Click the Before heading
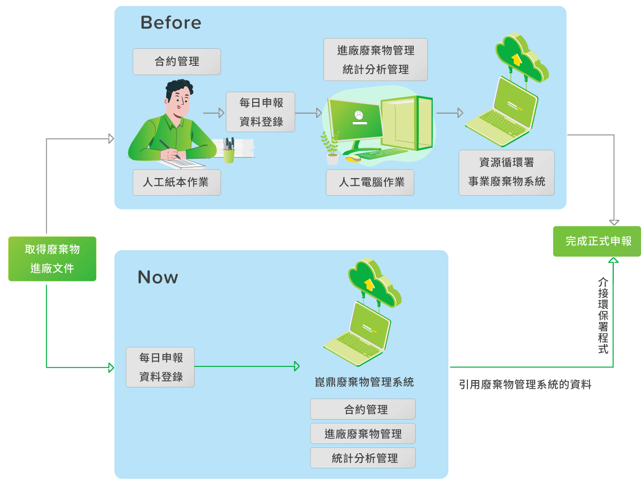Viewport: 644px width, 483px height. pos(171,22)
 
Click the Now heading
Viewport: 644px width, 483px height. pos(158,277)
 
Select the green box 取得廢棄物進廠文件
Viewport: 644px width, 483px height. pos(52,259)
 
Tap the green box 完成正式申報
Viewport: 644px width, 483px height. pos(597,241)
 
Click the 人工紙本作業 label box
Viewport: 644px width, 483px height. pos(177,182)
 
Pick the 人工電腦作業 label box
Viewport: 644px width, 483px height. pos(370,182)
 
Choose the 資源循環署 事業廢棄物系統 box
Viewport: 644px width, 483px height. pos(506,173)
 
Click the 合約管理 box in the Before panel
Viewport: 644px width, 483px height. pos(177,61)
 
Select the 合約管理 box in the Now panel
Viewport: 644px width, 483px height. pos(363,409)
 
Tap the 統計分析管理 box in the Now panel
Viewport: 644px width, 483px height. pos(363,458)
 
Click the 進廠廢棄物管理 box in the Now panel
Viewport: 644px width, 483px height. pos(363,433)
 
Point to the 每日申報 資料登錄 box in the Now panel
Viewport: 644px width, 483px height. pos(160,367)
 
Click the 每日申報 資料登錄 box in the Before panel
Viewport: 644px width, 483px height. pos(261,112)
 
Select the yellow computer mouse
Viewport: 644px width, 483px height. pos(354,159)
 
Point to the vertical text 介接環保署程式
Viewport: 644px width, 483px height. pos(603,316)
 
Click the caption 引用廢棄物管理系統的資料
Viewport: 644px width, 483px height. pos(525,384)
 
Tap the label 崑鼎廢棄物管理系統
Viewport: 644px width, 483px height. pos(364,382)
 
